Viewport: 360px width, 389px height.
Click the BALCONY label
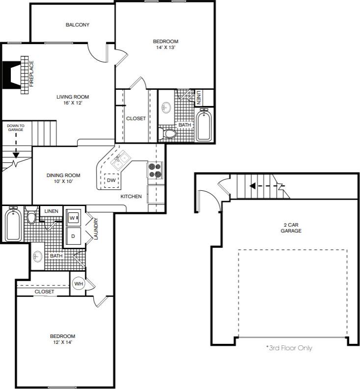(x=77, y=25)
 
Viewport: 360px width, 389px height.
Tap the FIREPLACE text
(x=31, y=74)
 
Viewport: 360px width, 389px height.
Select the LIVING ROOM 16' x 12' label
(x=72, y=100)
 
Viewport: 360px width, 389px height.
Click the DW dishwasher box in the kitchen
(x=111, y=181)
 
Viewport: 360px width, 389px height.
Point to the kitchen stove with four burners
(x=155, y=171)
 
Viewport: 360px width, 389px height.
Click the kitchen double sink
(x=121, y=158)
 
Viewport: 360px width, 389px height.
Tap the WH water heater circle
(x=78, y=283)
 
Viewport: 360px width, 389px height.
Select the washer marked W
(x=74, y=216)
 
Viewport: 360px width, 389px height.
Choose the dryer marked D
(x=74, y=235)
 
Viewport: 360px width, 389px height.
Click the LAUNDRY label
(x=96, y=229)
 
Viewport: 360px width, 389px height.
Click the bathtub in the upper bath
(x=203, y=125)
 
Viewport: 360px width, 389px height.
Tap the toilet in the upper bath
(x=170, y=133)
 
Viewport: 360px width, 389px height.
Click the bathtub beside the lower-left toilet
(x=13, y=224)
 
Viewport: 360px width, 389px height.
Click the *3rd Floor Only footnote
(x=289, y=348)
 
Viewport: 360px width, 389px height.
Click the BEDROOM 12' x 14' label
(x=62, y=339)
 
